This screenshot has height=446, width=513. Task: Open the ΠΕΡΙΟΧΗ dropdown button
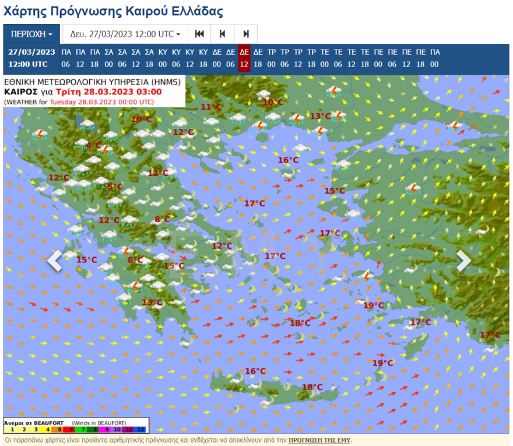(x=31, y=34)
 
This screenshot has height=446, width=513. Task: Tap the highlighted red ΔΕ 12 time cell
(x=244, y=58)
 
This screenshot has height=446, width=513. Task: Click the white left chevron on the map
(x=55, y=261)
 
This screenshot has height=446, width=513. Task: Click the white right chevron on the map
(x=463, y=261)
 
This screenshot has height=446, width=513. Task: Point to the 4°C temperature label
(x=93, y=145)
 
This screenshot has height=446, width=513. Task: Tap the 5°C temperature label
(x=115, y=187)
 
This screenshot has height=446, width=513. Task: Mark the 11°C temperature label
(x=211, y=107)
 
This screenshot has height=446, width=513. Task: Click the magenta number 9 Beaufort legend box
(x=106, y=429)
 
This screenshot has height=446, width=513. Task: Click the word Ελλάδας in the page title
(x=192, y=11)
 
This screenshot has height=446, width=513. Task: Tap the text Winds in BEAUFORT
(x=99, y=423)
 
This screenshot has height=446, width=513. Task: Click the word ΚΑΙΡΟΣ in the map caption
(x=22, y=92)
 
